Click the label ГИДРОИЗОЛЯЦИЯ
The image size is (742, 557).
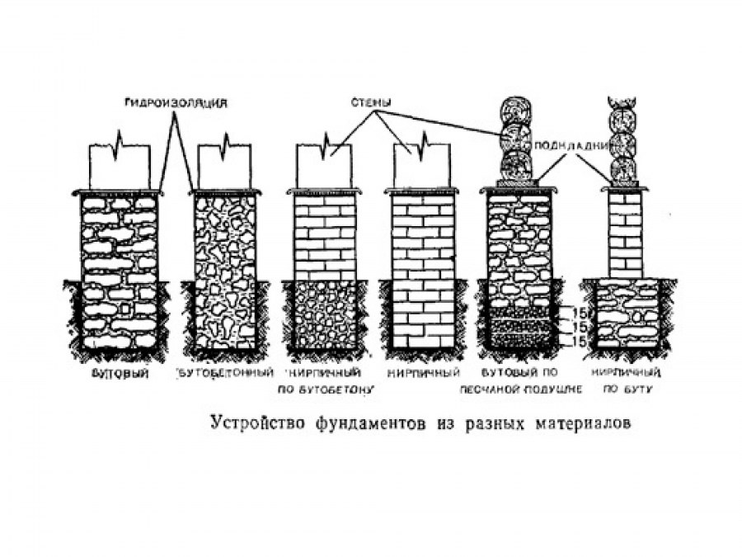point(173,104)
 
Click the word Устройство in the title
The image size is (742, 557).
point(256,424)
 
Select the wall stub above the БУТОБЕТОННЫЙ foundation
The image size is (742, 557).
point(224,165)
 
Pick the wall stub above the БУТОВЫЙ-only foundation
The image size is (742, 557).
point(120,165)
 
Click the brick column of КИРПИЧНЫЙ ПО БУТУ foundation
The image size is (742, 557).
point(624,234)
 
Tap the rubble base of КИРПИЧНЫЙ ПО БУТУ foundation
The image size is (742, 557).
point(627,314)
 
